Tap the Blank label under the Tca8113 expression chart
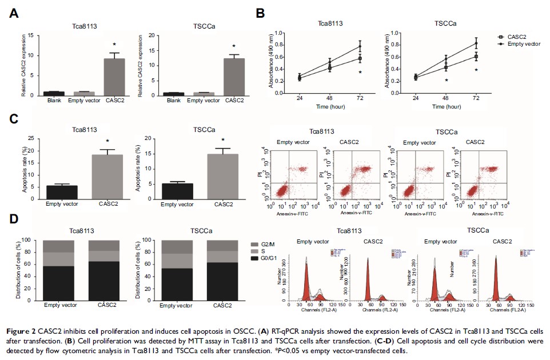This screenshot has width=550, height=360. [54, 101]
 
